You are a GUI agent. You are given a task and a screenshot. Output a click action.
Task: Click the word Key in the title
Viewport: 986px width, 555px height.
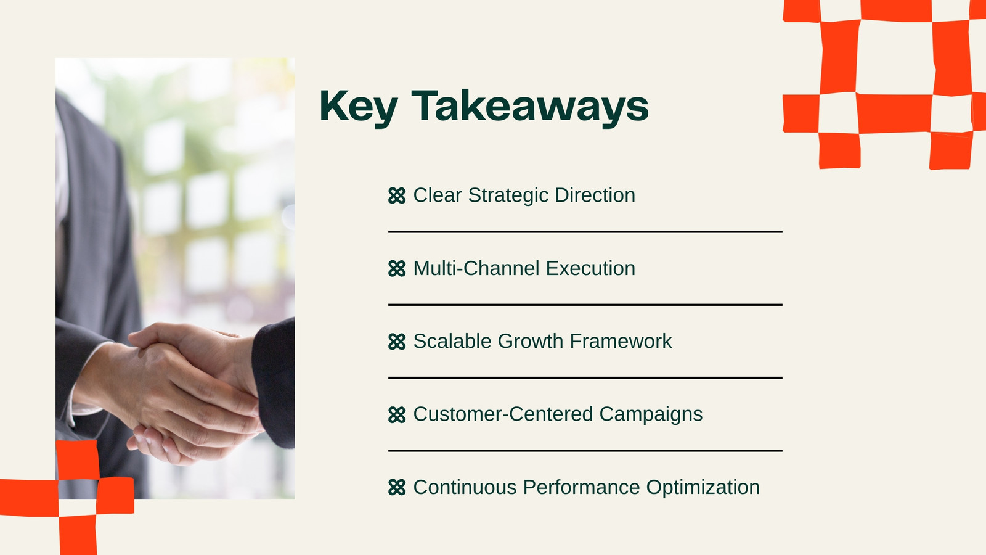pyautogui.click(x=359, y=107)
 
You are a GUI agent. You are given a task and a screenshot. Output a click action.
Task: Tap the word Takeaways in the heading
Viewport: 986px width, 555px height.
pyautogui.click(x=530, y=107)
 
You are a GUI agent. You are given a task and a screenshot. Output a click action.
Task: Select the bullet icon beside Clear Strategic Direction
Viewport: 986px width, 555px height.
pyautogui.click(x=397, y=195)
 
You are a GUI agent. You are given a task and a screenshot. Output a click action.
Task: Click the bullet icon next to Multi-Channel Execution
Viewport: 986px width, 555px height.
pyautogui.click(x=397, y=269)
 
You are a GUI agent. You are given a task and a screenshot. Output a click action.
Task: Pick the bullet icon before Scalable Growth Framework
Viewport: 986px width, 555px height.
pyautogui.click(x=397, y=342)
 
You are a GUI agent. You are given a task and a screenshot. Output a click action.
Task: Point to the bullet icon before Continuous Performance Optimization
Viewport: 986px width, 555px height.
pyautogui.click(x=397, y=488)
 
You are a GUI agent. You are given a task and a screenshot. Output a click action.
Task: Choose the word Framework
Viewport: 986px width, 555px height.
pyautogui.click(x=621, y=342)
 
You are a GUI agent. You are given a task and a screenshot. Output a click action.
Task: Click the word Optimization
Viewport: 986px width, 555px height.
pyautogui.click(x=703, y=488)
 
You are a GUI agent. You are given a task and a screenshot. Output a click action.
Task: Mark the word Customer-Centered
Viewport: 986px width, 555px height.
pyautogui.click(x=503, y=414)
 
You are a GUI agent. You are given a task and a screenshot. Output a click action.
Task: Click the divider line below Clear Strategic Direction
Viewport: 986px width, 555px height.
pyautogui.click(x=585, y=232)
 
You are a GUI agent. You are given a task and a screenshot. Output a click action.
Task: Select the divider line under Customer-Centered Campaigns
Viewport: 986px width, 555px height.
pyautogui.click(x=585, y=451)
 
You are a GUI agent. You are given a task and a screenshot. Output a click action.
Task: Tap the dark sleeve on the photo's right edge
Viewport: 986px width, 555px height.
pyautogui.click(x=275, y=383)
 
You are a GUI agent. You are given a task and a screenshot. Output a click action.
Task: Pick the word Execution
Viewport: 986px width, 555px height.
pyautogui.click(x=590, y=268)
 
